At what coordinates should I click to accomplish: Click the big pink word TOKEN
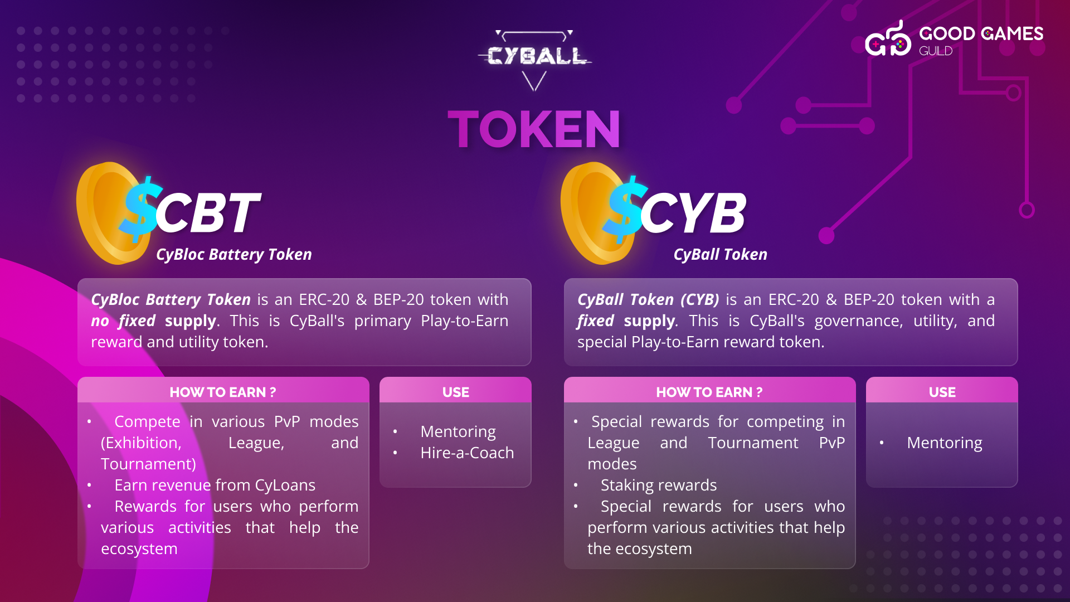pos(534,130)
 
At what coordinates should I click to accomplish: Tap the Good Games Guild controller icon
pos(888,39)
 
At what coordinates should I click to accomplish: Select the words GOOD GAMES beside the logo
pos(981,34)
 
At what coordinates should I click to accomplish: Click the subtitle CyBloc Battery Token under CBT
pos(234,255)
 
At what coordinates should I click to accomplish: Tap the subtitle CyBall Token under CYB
pos(721,255)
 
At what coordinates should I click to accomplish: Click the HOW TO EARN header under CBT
pos(223,392)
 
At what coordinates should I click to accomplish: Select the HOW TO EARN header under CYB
pos(709,392)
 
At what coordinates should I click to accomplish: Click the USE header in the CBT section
pos(456,392)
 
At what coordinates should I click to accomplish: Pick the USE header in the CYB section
pos(942,392)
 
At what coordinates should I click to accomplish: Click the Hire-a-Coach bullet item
pos(467,453)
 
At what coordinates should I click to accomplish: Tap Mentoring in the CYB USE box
pos(945,443)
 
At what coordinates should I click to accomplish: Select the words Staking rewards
pos(659,486)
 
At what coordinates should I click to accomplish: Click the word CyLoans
pos(285,486)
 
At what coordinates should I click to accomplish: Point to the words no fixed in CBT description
pos(123,321)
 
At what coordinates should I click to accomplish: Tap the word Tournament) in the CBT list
pos(148,464)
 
